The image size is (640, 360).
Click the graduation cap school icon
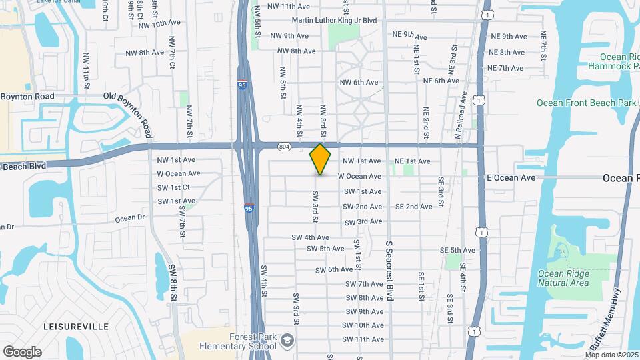287,340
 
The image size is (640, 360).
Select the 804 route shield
285,146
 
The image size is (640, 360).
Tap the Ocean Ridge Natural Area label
563,277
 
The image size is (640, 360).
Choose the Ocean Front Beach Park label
587,103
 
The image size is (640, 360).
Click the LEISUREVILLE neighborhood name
75,327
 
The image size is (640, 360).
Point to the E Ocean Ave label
511,178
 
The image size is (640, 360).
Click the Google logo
22,352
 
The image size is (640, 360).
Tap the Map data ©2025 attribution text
611,354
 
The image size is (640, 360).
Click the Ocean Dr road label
129,218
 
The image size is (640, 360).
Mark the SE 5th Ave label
457,250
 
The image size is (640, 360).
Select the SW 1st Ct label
174,187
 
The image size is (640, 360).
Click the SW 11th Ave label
363,339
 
